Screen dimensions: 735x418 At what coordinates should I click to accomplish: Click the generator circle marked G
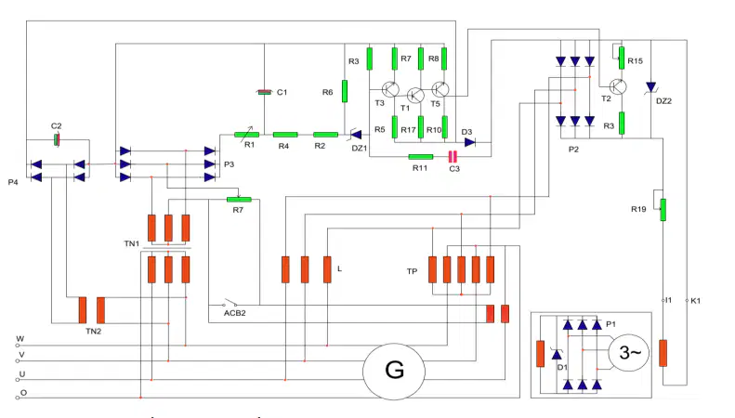pyautogui.click(x=394, y=372)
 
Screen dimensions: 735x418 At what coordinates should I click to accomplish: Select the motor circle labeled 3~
pyautogui.click(x=628, y=353)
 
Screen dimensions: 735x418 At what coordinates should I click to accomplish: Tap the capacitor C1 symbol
pyautogui.click(x=265, y=92)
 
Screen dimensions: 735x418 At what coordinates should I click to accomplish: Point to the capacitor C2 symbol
pyautogui.click(x=57, y=139)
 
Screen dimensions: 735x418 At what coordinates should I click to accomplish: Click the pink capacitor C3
pyautogui.click(x=453, y=156)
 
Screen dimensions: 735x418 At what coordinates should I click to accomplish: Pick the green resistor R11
pyautogui.click(x=421, y=157)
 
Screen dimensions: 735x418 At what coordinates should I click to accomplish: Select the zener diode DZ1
pyautogui.click(x=356, y=135)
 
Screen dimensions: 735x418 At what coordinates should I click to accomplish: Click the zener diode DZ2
pyautogui.click(x=650, y=87)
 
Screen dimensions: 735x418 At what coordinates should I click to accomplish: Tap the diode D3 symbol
pyautogui.click(x=469, y=142)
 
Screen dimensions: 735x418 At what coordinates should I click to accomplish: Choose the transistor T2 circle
pyautogui.click(x=618, y=86)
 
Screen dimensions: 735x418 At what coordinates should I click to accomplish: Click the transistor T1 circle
pyautogui.click(x=415, y=96)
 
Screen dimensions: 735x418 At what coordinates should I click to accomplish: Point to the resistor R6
pyautogui.click(x=345, y=91)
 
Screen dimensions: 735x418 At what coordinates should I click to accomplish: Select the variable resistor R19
pyautogui.click(x=663, y=210)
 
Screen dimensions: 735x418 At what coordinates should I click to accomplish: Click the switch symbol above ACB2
pyautogui.click(x=230, y=303)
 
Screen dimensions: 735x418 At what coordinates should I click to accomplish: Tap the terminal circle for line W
pyautogui.click(x=18, y=346)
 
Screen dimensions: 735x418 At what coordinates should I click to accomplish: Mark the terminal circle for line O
pyautogui.click(x=18, y=398)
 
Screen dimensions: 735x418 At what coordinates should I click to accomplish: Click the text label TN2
pyautogui.click(x=93, y=332)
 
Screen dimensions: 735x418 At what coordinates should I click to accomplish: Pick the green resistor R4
pyautogui.click(x=285, y=135)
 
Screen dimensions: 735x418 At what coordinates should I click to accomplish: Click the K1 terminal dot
pyautogui.click(x=687, y=300)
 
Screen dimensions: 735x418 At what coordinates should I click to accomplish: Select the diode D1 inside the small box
pyautogui.click(x=557, y=355)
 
